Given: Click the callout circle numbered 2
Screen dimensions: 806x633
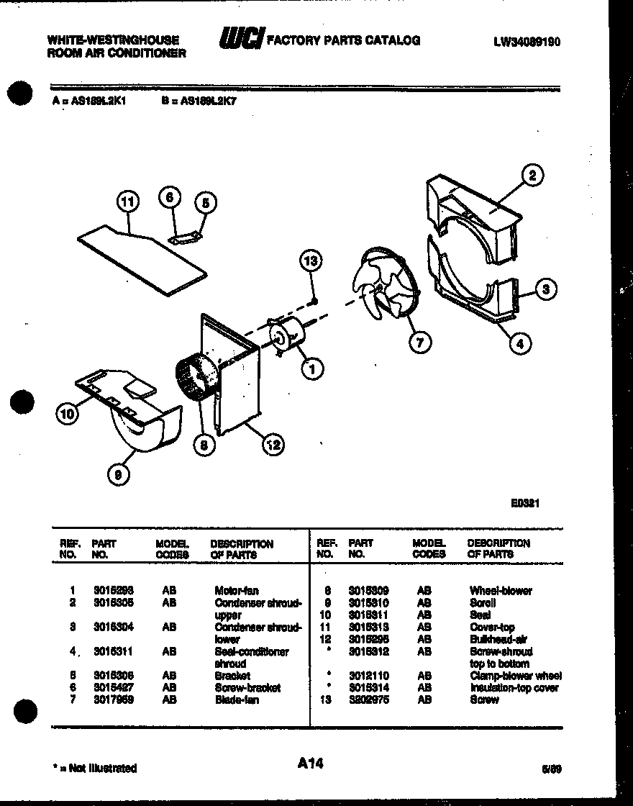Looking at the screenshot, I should tap(532, 176).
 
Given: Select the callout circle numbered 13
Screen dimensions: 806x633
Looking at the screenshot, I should tap(311, 261).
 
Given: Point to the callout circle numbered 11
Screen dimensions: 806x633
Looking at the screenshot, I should tap(127, 203).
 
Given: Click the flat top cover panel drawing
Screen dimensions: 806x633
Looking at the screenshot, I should tap(140, 250).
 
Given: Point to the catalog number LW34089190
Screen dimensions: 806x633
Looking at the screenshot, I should tap(527, 42).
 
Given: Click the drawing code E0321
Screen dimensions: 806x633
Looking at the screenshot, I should tap(525, 504).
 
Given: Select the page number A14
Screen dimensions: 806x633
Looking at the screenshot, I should tap(311, 764).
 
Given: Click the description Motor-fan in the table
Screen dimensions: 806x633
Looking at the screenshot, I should tap(237, 591).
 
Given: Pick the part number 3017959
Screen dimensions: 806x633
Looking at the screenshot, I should tap(113, 700).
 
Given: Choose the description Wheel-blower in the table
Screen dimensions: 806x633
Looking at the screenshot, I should tap(501, 591).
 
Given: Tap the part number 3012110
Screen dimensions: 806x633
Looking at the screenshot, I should tap(368, 676).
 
